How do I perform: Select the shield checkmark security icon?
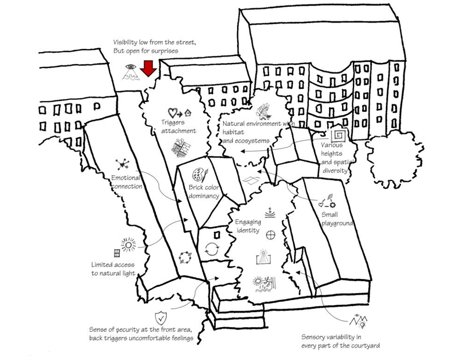pyautogui.click(x=160, y=318)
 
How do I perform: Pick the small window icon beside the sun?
pyautogui.click(x=117, y=253)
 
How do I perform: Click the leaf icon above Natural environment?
pyautogui.click(x=263, y=111)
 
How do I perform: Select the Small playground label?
pyautogui.click(x=337, y=219)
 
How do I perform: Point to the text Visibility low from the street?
pyautogui.click(x=154, y=43)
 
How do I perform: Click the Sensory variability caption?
pyautogui.click(x=340, y=341)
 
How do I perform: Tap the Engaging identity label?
pyautogui.click(x=248, y=226)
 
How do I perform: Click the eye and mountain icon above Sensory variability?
pyautogui.click(x=361, y=320)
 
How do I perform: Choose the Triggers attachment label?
pyautogui.click(x=178, y=127)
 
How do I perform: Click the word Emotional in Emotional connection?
pyautogui.click(x=126, y=178)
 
